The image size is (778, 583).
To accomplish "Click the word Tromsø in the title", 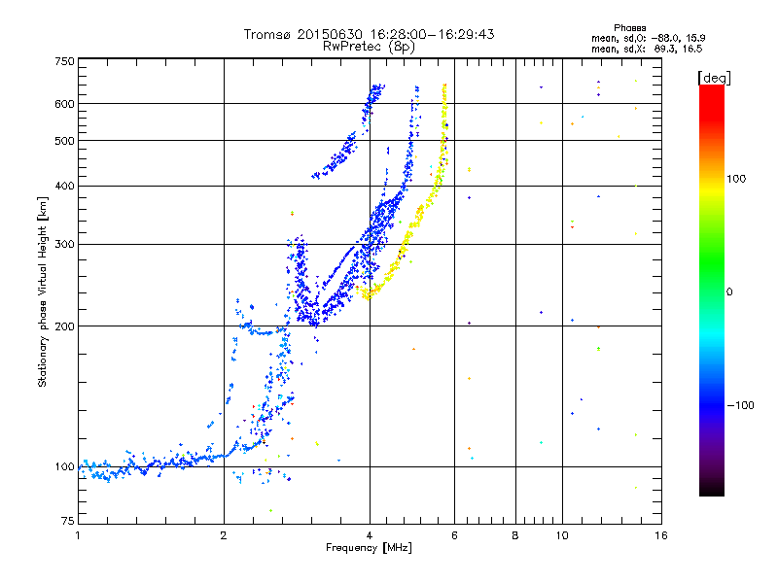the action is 267,34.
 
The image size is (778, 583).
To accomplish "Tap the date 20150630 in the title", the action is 330,34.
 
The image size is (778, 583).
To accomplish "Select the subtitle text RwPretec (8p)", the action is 369,47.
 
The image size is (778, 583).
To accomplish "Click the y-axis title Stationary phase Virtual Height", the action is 42,292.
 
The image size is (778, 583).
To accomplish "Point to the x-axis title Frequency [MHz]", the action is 369,548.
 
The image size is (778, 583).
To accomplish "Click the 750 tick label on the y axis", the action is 65,61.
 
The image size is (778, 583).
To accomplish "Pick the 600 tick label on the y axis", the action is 65,104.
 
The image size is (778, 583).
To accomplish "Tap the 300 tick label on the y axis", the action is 65,245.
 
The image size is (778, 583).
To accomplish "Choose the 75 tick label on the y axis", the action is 68,521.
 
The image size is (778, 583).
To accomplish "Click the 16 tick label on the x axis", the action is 661,535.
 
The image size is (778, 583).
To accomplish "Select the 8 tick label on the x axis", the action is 515,535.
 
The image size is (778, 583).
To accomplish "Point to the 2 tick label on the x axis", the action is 224,535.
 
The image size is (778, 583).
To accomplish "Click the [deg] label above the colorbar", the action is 714,78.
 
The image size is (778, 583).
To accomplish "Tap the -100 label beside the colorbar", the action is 741,405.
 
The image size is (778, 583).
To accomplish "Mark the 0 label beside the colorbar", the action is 729,292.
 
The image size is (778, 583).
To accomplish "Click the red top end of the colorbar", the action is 712,87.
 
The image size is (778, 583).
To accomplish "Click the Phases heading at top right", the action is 629,28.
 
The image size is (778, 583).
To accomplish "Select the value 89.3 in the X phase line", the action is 664,49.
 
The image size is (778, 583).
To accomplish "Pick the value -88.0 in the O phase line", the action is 665,38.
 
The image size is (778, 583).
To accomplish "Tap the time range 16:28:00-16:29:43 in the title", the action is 432,34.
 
